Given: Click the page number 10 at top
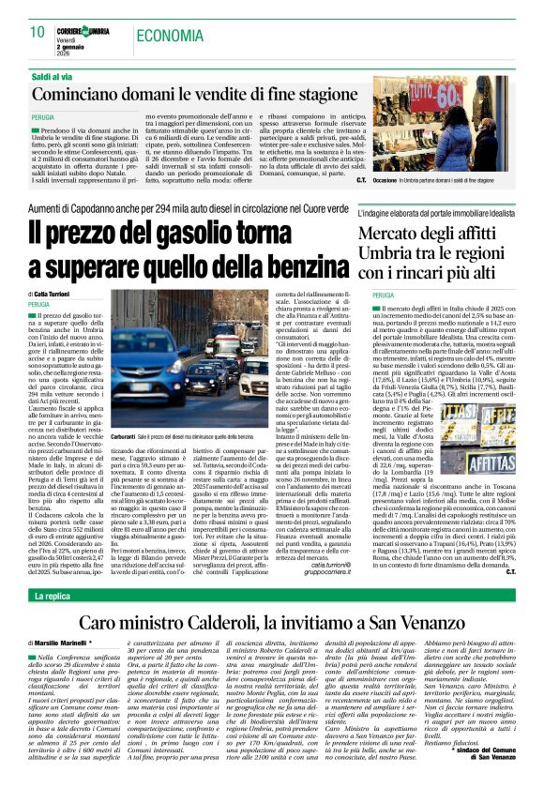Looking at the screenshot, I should [x=38, y=33].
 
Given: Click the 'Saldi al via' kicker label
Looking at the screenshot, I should [x=53, y=74].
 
